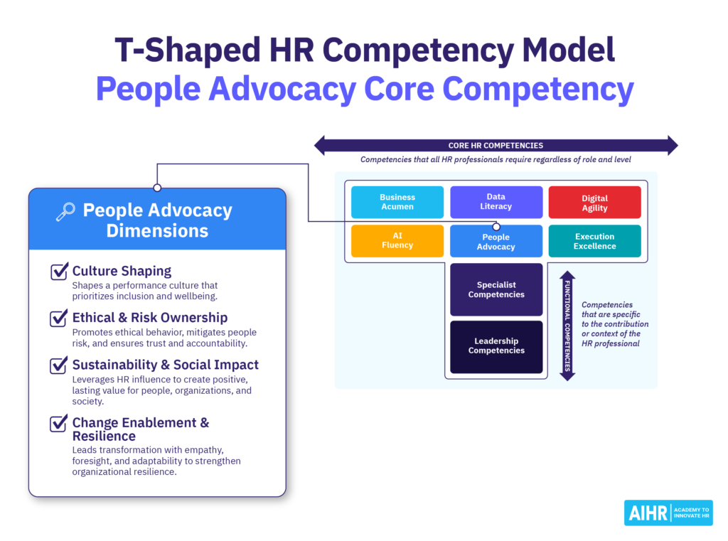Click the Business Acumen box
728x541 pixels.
[397, 202]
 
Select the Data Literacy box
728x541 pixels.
[496, 202]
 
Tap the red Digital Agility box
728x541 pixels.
[594, 203]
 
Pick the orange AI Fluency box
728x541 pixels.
[397, 240]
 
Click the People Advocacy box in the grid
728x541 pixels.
[496, 242]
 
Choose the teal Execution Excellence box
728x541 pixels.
[594, 241]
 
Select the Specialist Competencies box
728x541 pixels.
[496, 289]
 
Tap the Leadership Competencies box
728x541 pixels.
[496, 346]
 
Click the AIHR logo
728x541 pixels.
[668, 513]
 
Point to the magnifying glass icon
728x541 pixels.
[65, 211]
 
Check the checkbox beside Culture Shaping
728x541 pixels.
[59, 272]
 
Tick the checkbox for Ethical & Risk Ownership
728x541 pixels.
[59, 318]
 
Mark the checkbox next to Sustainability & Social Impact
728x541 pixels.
[59, 365]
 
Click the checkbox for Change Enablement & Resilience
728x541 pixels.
[59, 423]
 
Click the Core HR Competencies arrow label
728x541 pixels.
[496, 146]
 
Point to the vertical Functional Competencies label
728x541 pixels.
[567, 326]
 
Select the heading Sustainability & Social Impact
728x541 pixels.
[166, 365]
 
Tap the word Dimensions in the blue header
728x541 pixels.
[157, 230]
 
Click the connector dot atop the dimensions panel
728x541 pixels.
[157, 188]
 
